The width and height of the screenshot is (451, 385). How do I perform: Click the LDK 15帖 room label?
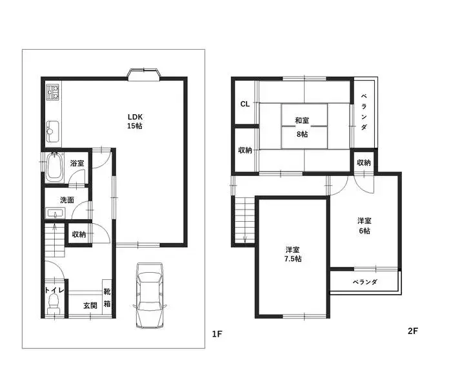[x=135, y=121]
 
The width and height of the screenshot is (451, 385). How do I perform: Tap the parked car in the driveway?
[x=150, y=295]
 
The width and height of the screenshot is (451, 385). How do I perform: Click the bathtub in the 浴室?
[x=54, y=167]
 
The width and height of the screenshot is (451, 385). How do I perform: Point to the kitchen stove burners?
[x=53, y=92]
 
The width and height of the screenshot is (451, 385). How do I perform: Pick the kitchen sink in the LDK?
[x=53, y=132]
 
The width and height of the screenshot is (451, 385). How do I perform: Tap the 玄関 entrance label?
[x=90, y=306]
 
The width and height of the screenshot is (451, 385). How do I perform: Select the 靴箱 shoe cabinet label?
[x=107, y=297]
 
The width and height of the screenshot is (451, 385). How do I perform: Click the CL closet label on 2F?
[x=245, y=104]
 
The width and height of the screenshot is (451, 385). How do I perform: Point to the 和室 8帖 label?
[x=302, y=127]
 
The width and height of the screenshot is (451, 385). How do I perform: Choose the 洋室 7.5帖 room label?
[x=293, y=254]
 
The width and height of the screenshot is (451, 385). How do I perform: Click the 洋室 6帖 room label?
[x=365, y=226]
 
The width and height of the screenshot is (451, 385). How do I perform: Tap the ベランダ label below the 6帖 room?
[x=365, y=282]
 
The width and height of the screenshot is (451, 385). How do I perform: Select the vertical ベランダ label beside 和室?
[x=364, y=112]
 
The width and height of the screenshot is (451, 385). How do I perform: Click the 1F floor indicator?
[x=217, y=334]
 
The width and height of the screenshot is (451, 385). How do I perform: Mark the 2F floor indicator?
[x=412, y=331]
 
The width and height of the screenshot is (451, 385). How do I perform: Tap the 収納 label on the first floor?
[x=79, y=234]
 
